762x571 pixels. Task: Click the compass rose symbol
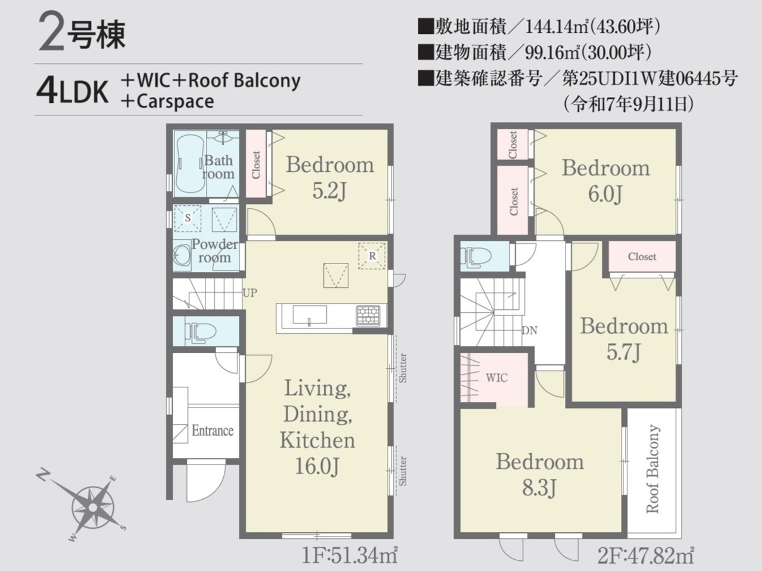coord(92,507)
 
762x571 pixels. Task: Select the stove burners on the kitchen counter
coord(368,315)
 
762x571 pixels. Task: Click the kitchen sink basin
coord(310,315)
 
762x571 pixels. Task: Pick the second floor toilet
coord(475,257)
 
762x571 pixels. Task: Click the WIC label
coord(496,378)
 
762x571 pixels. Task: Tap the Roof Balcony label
coord(652,468)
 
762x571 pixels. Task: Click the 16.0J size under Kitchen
coord(317,466)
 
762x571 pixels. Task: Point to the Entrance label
coord(213,431)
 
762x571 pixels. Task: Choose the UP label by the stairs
coord(250,293)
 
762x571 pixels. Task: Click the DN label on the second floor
coord(530,330)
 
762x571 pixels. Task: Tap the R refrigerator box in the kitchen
coord(372,256)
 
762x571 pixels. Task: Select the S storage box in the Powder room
coord(188,218)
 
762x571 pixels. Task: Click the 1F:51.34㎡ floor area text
coord(349,556)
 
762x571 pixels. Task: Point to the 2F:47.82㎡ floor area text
coord(645,556)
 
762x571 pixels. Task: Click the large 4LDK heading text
coord(72,91)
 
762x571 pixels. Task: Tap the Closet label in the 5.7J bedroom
coord(642,256)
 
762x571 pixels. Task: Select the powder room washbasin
coord(181,255)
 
